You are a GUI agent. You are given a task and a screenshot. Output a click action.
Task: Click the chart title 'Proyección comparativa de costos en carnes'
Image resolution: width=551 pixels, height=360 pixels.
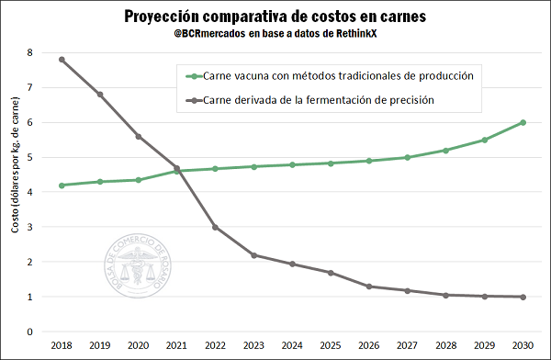coord(275,17)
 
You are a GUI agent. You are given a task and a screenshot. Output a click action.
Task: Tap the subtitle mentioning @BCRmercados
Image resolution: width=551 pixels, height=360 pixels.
coord(275,35)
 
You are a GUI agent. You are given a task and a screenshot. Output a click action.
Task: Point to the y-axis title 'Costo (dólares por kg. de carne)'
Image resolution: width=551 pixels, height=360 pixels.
coord(16,193)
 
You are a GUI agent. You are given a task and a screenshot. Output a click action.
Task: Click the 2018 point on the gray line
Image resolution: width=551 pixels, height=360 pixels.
coord(62,60)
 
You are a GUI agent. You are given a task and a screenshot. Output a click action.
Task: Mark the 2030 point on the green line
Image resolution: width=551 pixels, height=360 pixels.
coord(523,122)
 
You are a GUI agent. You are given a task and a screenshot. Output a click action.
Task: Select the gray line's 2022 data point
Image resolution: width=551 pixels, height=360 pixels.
coord(215,227)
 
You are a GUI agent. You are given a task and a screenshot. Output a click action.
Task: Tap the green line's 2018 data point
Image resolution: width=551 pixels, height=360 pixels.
coord(62,186)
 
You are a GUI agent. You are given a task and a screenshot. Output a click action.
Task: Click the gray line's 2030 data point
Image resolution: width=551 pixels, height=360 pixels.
coord(523,297)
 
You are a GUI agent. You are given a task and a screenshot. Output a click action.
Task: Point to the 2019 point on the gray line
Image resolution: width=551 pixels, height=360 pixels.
coord(100,95)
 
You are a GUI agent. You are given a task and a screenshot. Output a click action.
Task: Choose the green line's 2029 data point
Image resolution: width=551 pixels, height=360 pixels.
coord(484,140)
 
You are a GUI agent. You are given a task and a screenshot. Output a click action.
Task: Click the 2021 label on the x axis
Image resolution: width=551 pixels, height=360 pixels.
coord(176,346)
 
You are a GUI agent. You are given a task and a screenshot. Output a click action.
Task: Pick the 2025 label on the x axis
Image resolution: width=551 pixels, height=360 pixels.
coord(331,346)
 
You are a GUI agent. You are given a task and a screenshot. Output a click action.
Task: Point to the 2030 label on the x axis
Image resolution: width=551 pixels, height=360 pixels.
coord(523,346)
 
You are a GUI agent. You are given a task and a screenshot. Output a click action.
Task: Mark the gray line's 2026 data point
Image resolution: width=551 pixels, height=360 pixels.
coord(368,287)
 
